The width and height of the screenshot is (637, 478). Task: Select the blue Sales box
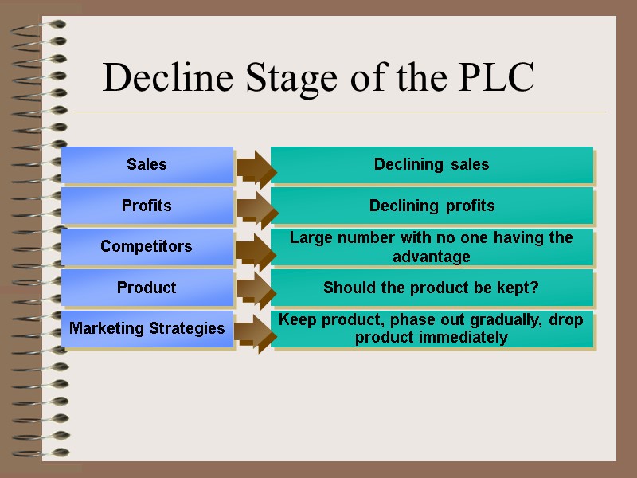[147, 165]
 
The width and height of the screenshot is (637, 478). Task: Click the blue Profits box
[147, 206]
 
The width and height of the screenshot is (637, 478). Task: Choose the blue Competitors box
[147, 247]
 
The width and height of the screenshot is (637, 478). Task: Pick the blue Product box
[147, 288]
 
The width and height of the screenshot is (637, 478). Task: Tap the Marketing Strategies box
[147, 328]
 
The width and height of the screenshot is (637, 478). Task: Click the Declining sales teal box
[432, 165]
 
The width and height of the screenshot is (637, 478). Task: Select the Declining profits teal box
[432, 206]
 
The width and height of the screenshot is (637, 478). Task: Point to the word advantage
[432, 257]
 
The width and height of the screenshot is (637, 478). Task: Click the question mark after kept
[535, 288]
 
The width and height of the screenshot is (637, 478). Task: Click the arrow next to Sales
[256, 166]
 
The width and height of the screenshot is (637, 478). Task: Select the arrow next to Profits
[256, 206]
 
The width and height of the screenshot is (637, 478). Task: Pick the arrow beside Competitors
[256, 248]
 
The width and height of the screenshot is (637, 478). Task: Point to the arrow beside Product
[256, 288]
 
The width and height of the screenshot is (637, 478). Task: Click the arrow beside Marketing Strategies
[256, 330]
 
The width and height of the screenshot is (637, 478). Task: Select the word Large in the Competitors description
[309, 237]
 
